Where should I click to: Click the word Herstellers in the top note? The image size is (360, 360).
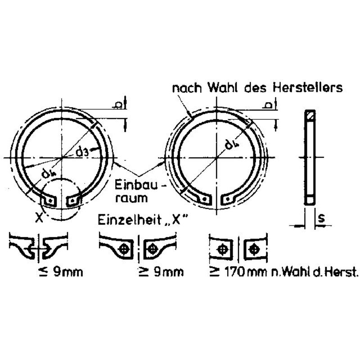tap(307, 87)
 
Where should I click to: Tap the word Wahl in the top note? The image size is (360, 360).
tap(222, 87)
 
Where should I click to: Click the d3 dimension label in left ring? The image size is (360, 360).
tap(82, 152)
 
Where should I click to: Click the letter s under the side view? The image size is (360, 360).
tap(321, 218)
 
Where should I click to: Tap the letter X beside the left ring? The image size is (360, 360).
tap(39, 218)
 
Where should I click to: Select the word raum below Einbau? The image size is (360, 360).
tap(131, 198)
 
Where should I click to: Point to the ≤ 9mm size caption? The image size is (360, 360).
tap(61, 272)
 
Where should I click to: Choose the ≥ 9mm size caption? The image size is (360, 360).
tap(162, 272)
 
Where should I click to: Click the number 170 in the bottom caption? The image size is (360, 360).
tap(234, 272)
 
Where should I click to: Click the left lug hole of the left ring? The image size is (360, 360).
tap(50, 201)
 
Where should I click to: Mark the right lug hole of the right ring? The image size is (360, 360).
tap(228, 199)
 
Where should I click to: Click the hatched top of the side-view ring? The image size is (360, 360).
tap(310, 115)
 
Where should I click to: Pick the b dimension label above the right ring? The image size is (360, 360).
tap(268, 105)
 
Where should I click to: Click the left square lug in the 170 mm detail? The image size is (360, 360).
tap(222, 250)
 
